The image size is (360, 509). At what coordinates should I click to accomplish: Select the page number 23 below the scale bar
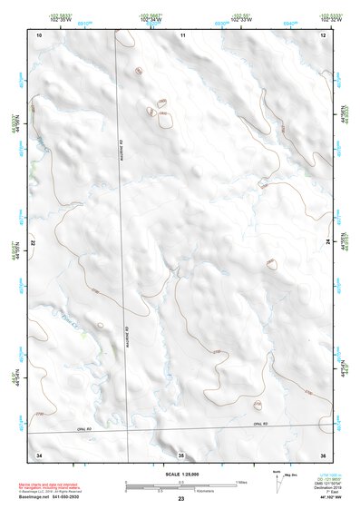(x=180, y=499)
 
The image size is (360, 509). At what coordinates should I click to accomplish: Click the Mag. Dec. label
(x=289, y=474)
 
